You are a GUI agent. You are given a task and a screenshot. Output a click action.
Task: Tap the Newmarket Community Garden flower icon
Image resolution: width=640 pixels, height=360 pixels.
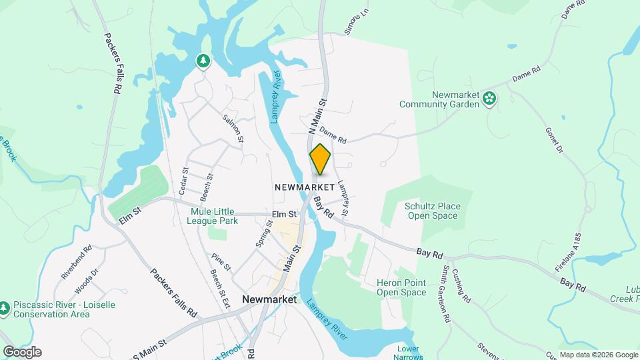click(x=490, y=99)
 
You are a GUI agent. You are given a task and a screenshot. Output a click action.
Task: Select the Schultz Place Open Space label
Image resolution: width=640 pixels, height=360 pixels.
click(x=432, y=211)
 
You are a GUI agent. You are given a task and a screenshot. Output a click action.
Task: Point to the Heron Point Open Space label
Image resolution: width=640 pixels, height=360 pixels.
click(x=401, y=288)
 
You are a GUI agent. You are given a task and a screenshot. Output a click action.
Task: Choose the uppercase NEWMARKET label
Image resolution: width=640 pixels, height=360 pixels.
click(x=304, y=188)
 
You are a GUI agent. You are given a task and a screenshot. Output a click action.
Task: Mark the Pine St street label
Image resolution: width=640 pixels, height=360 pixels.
click(x=221, y=261)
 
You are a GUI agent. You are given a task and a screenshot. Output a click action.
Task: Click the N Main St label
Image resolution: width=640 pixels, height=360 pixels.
click(x=317, y=116)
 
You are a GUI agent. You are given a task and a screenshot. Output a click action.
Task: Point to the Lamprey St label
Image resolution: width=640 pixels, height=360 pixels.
click(x=343, y=199)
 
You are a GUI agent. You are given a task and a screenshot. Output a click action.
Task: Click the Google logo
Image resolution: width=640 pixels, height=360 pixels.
click(x=22, y=352)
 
